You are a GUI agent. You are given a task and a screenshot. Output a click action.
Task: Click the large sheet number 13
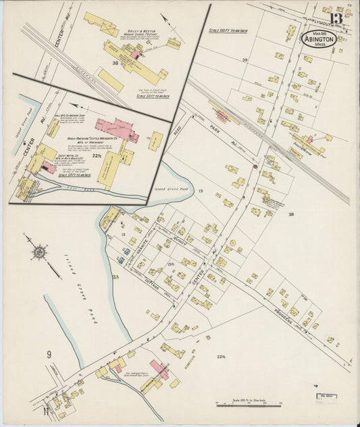coord(336,18)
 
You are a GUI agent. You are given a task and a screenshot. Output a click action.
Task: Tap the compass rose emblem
coord(39,252)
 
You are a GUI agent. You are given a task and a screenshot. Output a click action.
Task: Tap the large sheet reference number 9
coord(49,354)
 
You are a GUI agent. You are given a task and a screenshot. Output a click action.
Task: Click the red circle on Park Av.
coord(255,166)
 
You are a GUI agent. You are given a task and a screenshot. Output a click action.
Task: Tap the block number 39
coord(245,60)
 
